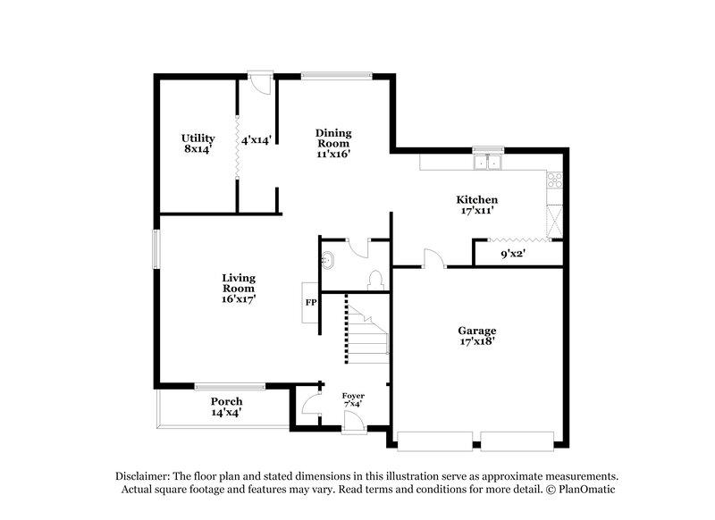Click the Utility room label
click(x=198, y=144)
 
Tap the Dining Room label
click(x=332, y=142)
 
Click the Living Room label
click(x=239, y=289)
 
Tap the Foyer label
click(x=354, y=398)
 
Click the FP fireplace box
click(x=311, y=303)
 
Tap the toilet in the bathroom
click(x=376, y=278)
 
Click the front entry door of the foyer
click(x=352, y=427)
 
